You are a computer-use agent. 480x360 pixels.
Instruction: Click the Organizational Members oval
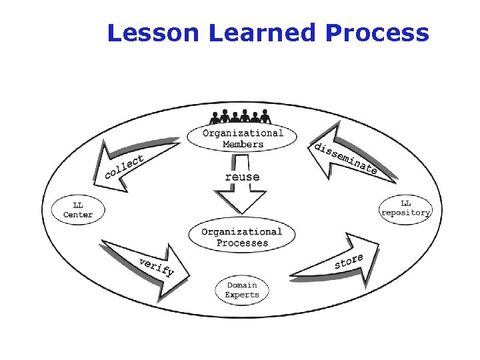(243, 138)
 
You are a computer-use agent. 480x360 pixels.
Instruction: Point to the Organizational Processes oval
(242, 237)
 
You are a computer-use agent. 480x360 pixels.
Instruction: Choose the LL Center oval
(78, 210)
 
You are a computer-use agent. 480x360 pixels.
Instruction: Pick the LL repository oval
(406, 208)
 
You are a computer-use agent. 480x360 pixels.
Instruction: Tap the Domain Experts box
(242, 290)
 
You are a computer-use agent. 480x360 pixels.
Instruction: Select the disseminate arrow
(347, 157)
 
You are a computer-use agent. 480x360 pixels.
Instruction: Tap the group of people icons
(241, 116)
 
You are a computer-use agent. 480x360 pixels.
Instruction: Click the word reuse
(242, 177)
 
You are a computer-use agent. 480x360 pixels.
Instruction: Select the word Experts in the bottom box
(242, 295)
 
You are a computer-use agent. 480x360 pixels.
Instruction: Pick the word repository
(406, 213)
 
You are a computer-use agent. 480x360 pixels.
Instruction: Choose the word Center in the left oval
(78, 215)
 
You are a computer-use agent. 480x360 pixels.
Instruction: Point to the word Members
(243, 143)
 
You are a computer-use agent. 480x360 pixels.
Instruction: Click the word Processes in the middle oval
(242, 243)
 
